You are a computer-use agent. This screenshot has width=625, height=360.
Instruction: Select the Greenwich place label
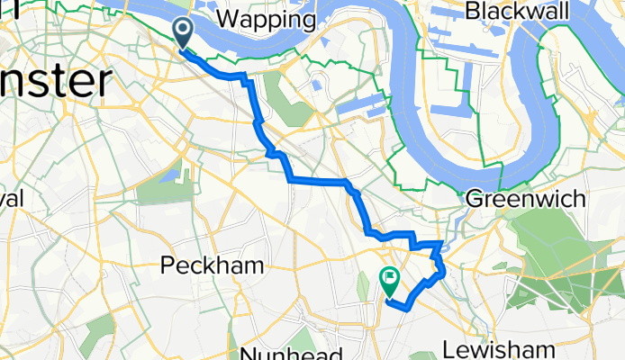(525, 198)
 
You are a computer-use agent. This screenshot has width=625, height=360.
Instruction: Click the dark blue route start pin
(183, 33)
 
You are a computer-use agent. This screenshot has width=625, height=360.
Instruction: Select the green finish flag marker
(391, 280)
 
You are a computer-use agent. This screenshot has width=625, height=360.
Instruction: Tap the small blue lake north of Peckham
(171, 173)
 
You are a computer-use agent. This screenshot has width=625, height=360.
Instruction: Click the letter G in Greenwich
(474, 198)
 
